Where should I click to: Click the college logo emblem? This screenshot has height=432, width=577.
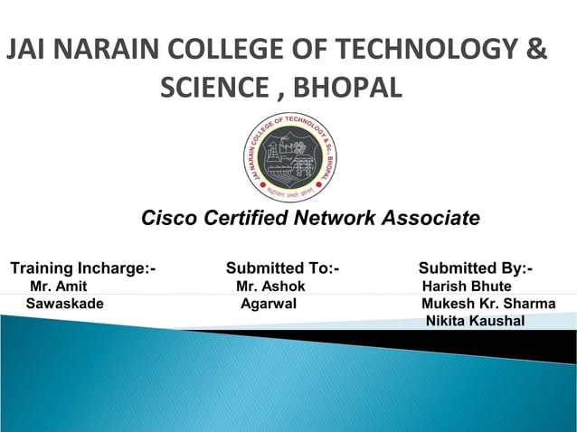pyautogui.click(x=288, y=158)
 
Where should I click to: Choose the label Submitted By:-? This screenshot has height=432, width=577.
pyautogui.click(x=476, y=268)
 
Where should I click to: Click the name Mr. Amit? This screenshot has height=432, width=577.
pyautogui.click(x=59, y=286)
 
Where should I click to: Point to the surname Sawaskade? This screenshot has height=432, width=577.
pyautogui.click(x=64, y=304)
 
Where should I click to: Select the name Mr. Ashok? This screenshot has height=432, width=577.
pyautogui.click(x=270, y=286)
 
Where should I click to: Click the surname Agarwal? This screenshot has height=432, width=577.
pyautogui.click(x=269, y=304)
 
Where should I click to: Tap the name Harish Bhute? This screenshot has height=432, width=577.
pyautogui.click(x=467, y=286)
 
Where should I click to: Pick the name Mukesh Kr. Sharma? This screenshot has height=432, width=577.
pyautogui.click(x=488, y=304)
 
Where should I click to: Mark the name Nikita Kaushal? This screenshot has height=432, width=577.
pyautogui.click(x=475, y=321)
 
